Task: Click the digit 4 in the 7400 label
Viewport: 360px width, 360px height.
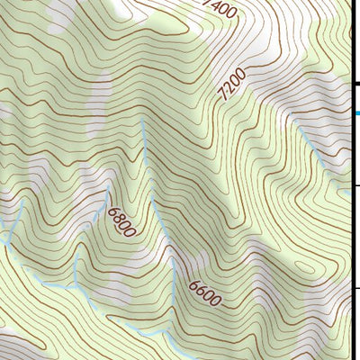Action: (216, 7)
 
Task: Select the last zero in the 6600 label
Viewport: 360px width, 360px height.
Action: (214, 301)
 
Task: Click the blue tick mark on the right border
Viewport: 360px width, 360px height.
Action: (356, 112)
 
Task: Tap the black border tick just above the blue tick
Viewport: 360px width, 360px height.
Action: (356, 84)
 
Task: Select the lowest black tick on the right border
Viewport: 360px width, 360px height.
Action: (356, 288)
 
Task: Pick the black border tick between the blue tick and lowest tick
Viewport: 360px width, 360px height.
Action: (356, 186)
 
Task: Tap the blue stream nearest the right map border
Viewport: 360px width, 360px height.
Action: (346, 190)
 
